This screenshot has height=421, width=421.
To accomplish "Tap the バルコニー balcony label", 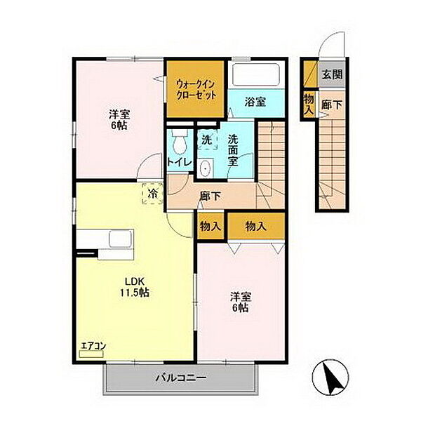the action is click(x=181, y=378).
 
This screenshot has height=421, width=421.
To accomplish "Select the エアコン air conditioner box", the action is click(x=91, y=354).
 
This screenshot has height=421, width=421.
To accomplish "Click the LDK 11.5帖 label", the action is click(x=135, y=287).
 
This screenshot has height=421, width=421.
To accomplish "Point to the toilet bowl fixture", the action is click(x=180, y=142).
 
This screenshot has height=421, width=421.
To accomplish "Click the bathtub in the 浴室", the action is click(x=256, y=74).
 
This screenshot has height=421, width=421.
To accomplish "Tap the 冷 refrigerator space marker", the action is click(x=153, y=194).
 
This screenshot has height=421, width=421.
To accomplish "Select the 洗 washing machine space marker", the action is click(x=207, y=140).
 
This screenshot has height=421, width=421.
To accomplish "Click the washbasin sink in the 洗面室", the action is click(x=206, y=168).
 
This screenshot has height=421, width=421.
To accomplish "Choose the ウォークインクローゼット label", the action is click(x=196, y=90).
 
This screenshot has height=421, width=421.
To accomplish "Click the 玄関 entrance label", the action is click(x=333, y=74).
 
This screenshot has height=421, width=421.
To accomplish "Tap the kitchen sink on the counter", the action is click(x=119, y=239).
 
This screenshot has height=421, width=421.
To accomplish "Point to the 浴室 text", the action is click(x=255, y=102).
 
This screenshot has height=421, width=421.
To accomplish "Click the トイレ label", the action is click(x=179, y=162).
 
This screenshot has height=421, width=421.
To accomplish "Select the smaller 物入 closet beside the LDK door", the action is click(x=210, y=227).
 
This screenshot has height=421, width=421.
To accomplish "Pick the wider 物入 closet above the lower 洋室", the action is click(x=256, y=226).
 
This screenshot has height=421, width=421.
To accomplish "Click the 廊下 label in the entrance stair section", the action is click(x=332, y=105).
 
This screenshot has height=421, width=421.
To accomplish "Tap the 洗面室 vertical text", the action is click(x=233, y=150).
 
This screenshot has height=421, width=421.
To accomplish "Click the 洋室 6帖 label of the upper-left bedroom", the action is click(x=119, y=120).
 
